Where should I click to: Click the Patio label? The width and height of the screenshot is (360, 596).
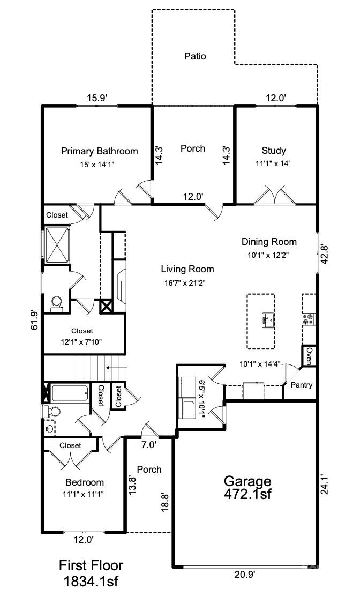pyautogui.click(x=195, y=56)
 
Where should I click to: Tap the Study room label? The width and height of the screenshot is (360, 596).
pyautogui.click(x=273, y=151)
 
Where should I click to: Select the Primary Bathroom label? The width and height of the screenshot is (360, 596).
pyautogui.click(x=99, y=151)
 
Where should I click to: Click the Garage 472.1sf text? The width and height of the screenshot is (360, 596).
pyautogui.click(x=247, y=487)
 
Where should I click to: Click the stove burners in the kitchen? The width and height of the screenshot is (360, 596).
pyautogui.click(x=308, y=319)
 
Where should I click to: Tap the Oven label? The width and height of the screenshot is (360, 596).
pyautogui.click(x=309, y=354)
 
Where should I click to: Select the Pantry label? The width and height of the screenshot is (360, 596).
pyautogui.click(x=301, y=385)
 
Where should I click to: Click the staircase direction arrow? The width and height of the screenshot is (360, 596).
pyautogui.click(x=113, y=368)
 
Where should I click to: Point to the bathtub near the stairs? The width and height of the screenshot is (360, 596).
pyautogui.click(x=70, y=393)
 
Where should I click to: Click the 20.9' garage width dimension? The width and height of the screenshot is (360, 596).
pyautogui.click(x=244, y=575)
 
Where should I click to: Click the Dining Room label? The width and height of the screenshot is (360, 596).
pyautogui.click(x=268, y=242)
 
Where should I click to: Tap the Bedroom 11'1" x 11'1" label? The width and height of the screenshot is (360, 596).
pyautogui.click(x=84, y=487)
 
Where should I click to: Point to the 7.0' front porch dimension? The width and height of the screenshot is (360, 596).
pyautogui.click(x=148, y=444)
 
